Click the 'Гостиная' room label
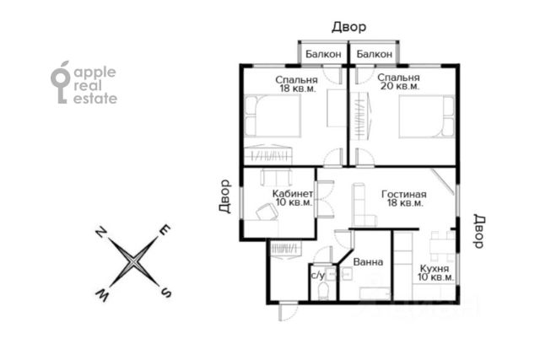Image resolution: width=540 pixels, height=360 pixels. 403,194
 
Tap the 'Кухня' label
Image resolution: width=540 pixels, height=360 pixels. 435,268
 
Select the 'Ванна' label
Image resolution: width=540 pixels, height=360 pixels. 368,262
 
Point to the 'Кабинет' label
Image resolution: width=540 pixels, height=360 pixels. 293,193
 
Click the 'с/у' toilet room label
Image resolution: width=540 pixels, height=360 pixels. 317,275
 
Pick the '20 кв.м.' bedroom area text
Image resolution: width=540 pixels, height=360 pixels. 399,86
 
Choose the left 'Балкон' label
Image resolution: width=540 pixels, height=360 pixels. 323,54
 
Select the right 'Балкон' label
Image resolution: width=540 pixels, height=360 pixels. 375,54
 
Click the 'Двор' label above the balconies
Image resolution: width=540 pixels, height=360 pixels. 348,27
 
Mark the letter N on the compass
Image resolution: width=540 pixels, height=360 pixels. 100,232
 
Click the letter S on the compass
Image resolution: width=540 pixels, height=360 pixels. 166,293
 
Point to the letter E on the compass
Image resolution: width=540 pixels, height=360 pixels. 165,230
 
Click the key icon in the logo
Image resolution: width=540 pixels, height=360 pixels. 60,83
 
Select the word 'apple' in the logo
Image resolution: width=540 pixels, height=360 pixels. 95,73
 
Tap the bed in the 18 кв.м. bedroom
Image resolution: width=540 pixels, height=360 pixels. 273,116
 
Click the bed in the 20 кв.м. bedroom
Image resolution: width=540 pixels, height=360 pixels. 427,116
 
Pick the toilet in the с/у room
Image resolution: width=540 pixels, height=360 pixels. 324,291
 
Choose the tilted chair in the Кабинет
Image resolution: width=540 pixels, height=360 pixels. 267,212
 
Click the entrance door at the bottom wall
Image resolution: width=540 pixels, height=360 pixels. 288,312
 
